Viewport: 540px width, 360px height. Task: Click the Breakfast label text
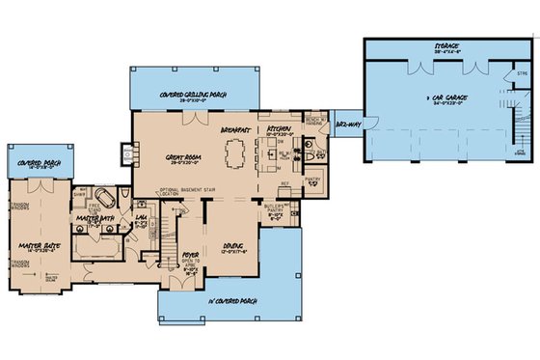click(x=234, y=127)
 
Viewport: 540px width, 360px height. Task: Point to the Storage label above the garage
click(x=445, y=44)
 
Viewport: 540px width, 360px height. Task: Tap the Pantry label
click(x=311, y=180)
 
